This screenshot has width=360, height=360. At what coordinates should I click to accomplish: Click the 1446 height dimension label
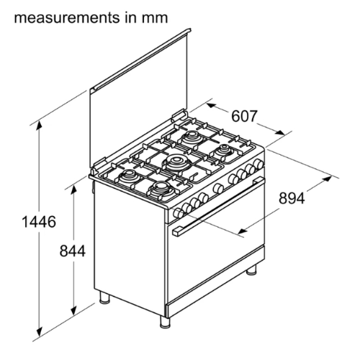click(x=39, y=222)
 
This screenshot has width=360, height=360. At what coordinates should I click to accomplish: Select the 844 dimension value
click(x=73, y=251)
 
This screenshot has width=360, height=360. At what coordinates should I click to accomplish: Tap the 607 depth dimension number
click(x=244, y=116)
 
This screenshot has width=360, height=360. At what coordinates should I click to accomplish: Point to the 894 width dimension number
click(x=292, y=198)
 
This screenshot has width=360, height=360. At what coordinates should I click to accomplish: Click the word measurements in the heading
click(x=67, y=18)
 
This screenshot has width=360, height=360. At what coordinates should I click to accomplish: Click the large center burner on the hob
click(x=176, y=163)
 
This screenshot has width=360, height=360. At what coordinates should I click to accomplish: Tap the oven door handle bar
click(x=218, y=206)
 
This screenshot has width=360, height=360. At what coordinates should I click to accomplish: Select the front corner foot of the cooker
click(x=165, y=321)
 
